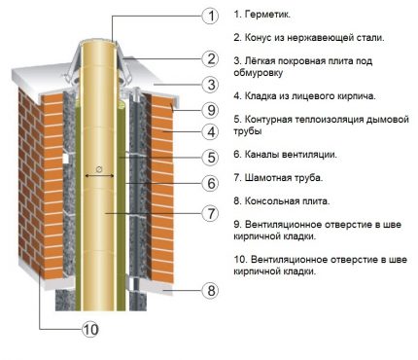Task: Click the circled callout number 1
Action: point(208,16)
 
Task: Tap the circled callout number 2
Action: point(208,58)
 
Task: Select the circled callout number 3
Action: point(208,85)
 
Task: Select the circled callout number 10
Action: point(90,329)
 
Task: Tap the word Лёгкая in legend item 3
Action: point(262,60)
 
